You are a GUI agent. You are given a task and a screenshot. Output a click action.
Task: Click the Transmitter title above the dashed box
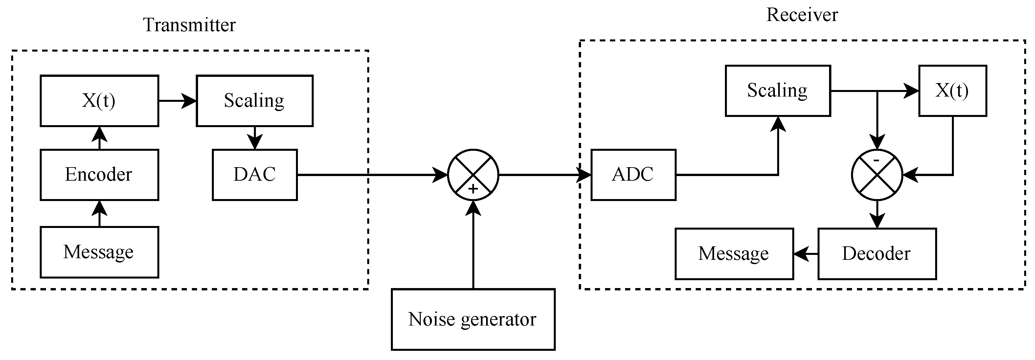point(189,25)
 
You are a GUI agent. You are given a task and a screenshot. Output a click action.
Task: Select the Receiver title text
point(802,15)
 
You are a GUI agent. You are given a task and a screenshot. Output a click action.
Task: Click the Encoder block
point(99,175)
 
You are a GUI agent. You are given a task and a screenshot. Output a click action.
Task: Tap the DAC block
point(255,175)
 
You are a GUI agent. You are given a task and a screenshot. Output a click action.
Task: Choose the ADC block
point(633,175)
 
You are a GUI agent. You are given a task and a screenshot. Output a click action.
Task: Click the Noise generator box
point(473,319)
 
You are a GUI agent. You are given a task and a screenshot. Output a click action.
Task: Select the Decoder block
point(877,254)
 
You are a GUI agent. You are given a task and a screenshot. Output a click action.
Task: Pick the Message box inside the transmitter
point(99,252)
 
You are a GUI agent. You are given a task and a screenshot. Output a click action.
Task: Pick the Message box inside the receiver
point(734,254)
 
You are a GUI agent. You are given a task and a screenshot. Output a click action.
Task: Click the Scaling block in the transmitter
point(254,101)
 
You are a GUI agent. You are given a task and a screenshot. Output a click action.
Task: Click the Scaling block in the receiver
point(777,91)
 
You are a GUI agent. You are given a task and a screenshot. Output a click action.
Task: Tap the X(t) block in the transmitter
point(99,101)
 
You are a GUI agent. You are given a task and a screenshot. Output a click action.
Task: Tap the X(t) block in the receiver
point(952,91)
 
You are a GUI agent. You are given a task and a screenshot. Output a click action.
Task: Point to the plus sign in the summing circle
point(473,189)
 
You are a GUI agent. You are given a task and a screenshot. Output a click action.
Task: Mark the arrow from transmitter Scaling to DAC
point(255,138)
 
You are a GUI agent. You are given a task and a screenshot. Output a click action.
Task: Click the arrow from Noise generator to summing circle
point(473,245)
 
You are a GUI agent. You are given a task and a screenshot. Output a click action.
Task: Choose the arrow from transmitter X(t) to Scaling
point(177,101)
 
